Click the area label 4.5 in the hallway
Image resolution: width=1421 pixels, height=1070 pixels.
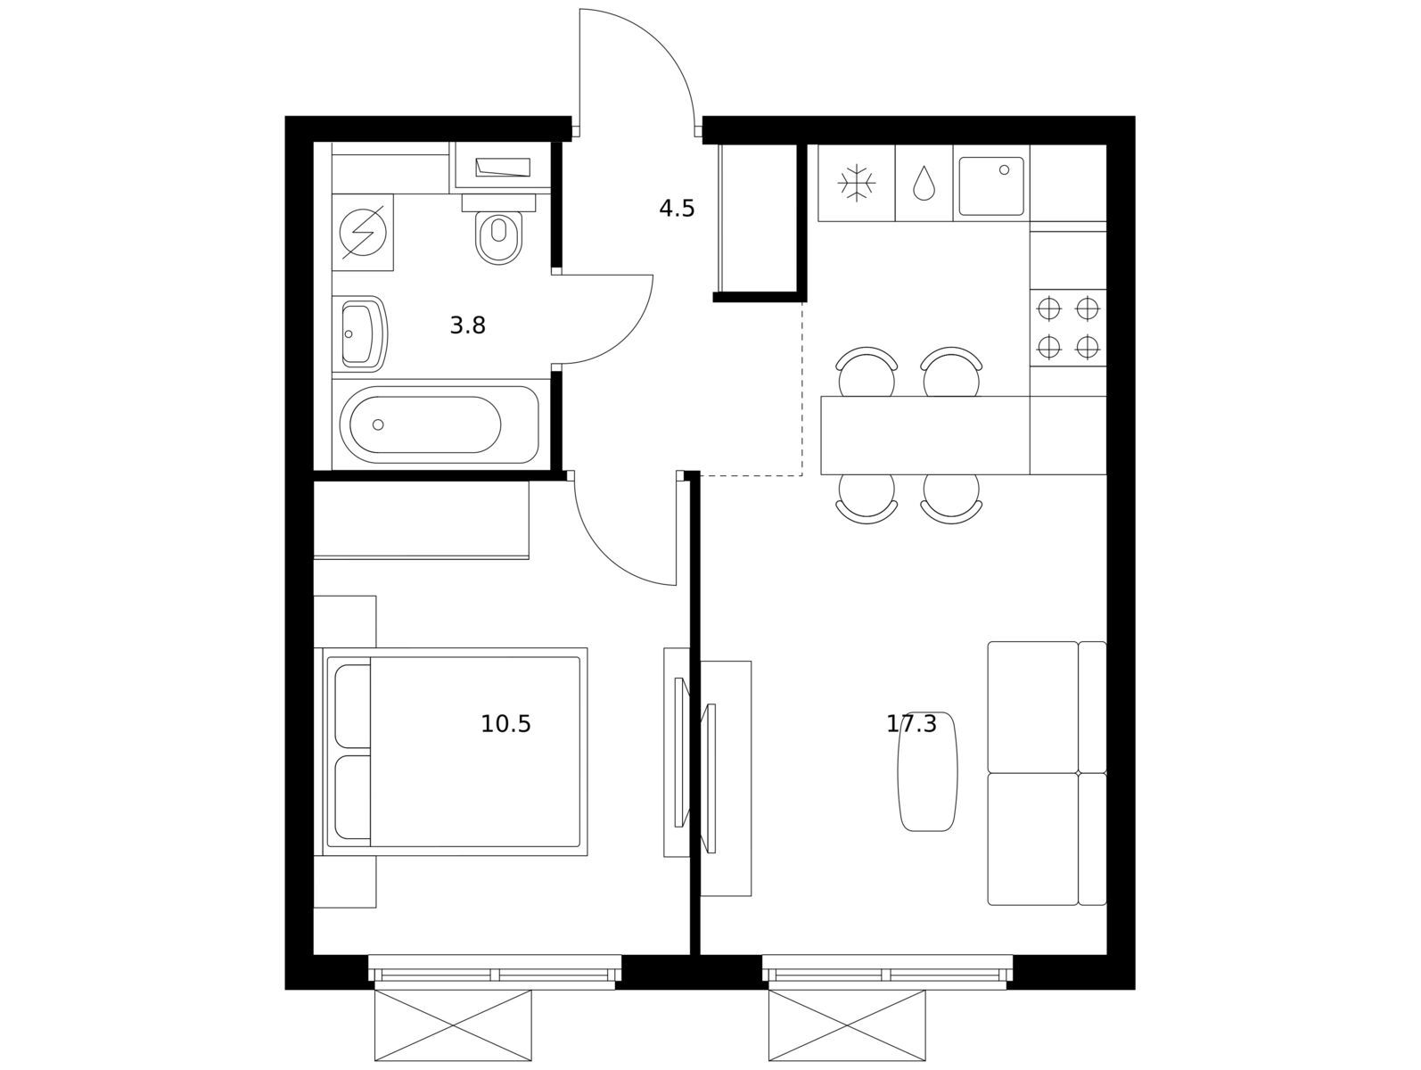click(x=677, y=209)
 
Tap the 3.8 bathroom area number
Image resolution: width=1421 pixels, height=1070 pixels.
click(x=467, y=325)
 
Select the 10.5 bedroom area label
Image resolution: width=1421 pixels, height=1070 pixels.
click(x=505, y=724)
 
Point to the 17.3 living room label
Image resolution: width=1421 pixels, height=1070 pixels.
click(x=911, y=724)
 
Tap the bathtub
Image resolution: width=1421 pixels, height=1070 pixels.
click(x=439, y=424)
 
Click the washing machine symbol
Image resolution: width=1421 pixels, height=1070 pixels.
click(x=363, y=232)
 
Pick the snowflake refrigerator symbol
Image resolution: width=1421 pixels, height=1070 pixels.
click(x=857, y=183)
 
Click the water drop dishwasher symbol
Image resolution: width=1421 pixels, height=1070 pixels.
click(x=924, y=183)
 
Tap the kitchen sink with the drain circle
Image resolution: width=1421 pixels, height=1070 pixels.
click(x=991, y=185)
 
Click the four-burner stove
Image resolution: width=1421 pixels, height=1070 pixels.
click(x=1068, y=327)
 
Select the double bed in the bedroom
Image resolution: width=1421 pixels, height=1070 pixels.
click(x=456, y=752)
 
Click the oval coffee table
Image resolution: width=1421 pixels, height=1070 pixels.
click(x=927, y=771)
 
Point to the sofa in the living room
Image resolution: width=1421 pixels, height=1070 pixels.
click(x=1047, y=773)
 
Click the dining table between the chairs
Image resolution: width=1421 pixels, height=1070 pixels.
click(x=925, y=435)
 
